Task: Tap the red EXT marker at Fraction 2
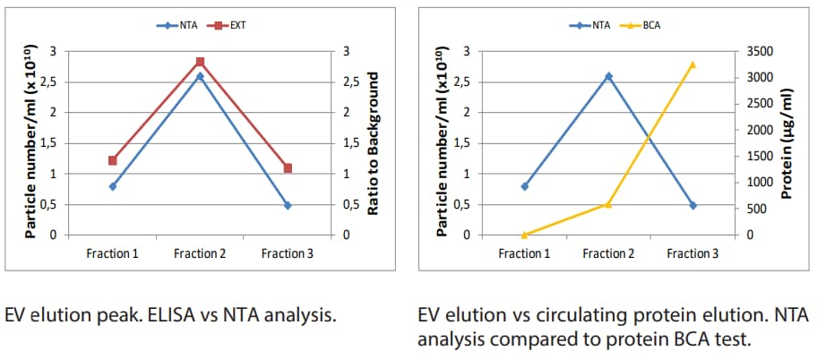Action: [200, 62]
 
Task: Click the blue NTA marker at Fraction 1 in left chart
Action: [113, 186]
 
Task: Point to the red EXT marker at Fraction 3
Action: [288, 168]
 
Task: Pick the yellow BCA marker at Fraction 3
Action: [693, 64]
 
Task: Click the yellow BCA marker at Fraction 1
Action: [525, 235]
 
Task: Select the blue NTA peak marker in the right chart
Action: [608, 76]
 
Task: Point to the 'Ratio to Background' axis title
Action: [374, 144]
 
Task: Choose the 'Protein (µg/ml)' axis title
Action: [787, 143]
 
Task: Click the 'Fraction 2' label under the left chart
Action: [200, 253]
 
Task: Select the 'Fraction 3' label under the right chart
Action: [693, 253]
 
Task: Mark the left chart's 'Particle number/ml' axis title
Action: [30, 144]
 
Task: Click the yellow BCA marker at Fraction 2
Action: [608, 204]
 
